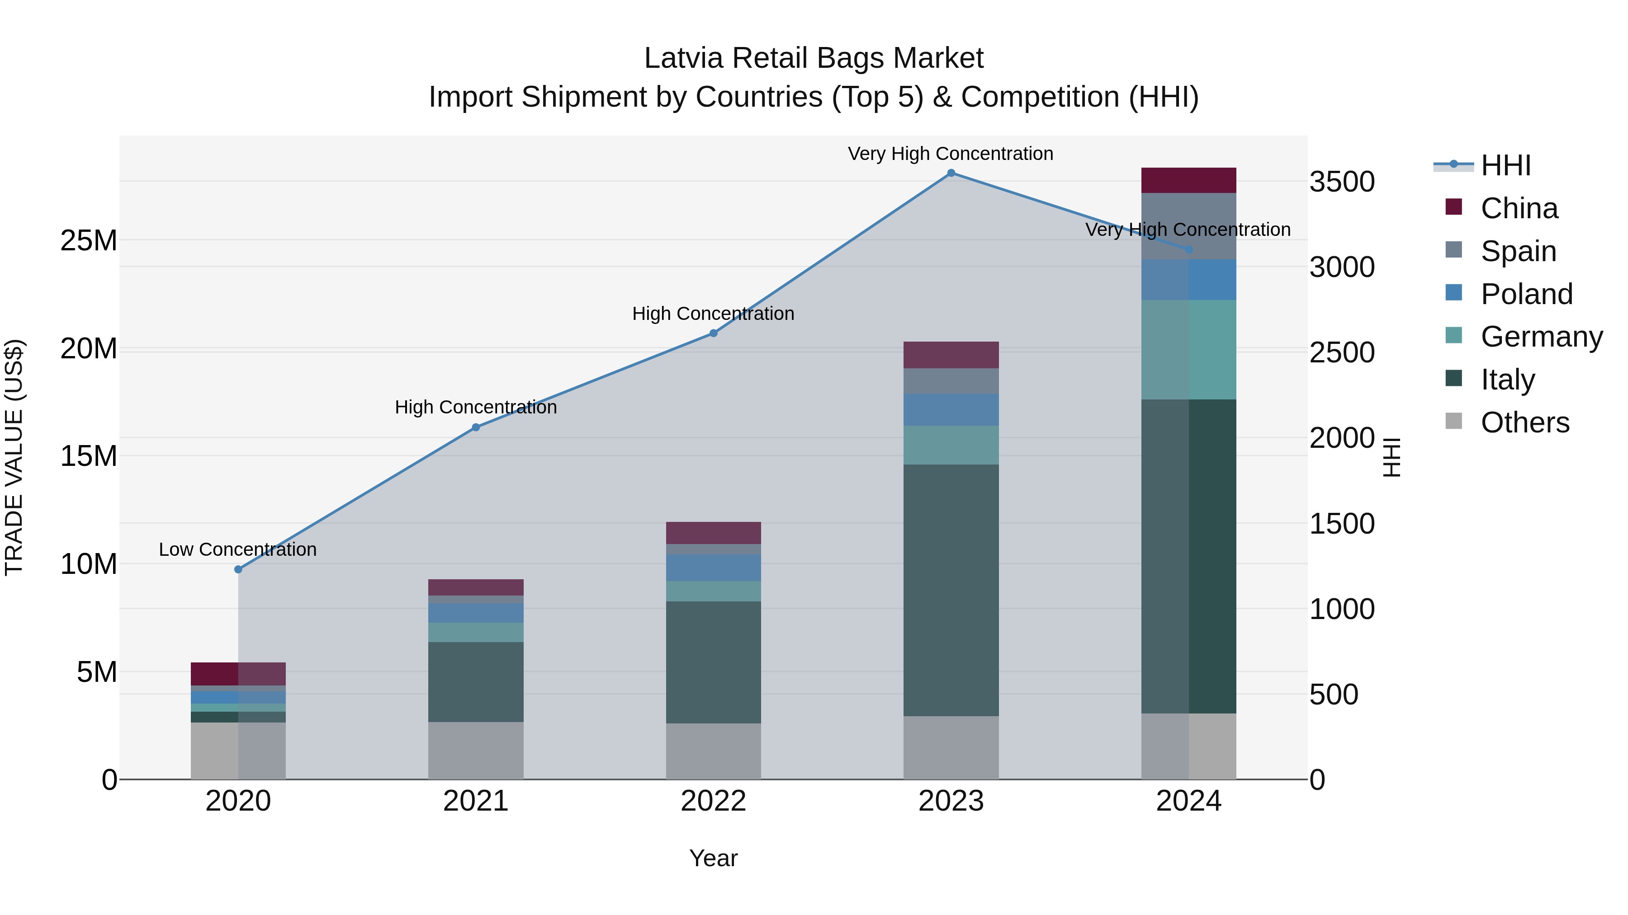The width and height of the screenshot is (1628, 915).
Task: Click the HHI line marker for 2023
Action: point(951,173)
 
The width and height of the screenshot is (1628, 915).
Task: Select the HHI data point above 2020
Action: point(238,570)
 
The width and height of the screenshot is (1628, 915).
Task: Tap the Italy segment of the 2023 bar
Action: point(951,591)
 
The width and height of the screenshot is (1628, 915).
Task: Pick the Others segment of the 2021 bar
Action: point(475,751)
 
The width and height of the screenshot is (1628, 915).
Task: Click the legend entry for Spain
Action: point(1518,251)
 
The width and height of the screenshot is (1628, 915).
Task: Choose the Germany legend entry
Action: point(1541,337)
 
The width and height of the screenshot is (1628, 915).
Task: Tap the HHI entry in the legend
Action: point(1505,165)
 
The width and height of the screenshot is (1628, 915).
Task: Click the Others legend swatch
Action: point(1453,421)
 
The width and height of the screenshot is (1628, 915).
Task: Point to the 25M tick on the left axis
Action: point(89,240)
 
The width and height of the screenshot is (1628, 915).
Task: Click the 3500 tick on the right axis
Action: point(1342,182)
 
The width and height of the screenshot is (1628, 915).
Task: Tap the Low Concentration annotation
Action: point(237,549)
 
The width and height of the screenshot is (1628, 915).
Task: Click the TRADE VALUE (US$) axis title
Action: point(14,457)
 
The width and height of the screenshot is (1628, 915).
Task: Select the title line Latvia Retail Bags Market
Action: point(814,58)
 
